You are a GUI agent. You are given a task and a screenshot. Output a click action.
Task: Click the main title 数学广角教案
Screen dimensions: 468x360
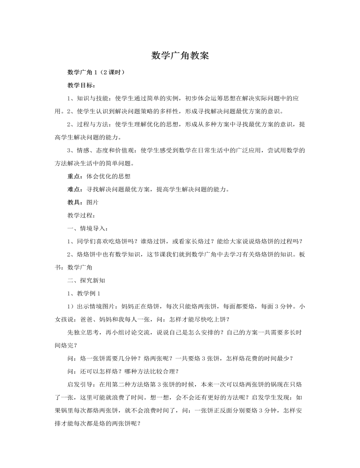click(180, 55)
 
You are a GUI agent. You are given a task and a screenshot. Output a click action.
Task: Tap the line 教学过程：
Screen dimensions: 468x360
click(82, 215)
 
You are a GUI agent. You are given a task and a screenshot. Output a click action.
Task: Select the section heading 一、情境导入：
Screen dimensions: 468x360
click(88, 228)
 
